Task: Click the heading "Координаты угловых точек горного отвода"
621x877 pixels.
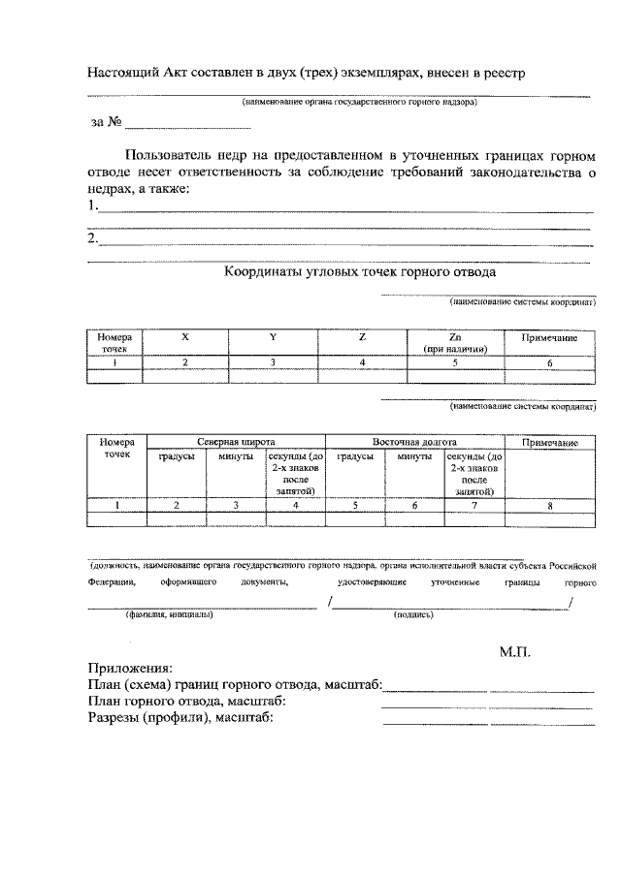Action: [360, 272]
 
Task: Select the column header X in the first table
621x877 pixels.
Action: [185, 337]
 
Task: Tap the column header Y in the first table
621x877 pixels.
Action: [273, 337]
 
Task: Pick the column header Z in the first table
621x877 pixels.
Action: [362, 337]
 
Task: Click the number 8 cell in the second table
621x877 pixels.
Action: [550, 505]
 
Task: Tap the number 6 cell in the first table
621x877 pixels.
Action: [550, 361]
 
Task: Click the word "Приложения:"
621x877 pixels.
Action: [131, 669]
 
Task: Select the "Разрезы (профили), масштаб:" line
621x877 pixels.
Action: [180, 718]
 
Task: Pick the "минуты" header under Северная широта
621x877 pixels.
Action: [236, 455]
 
